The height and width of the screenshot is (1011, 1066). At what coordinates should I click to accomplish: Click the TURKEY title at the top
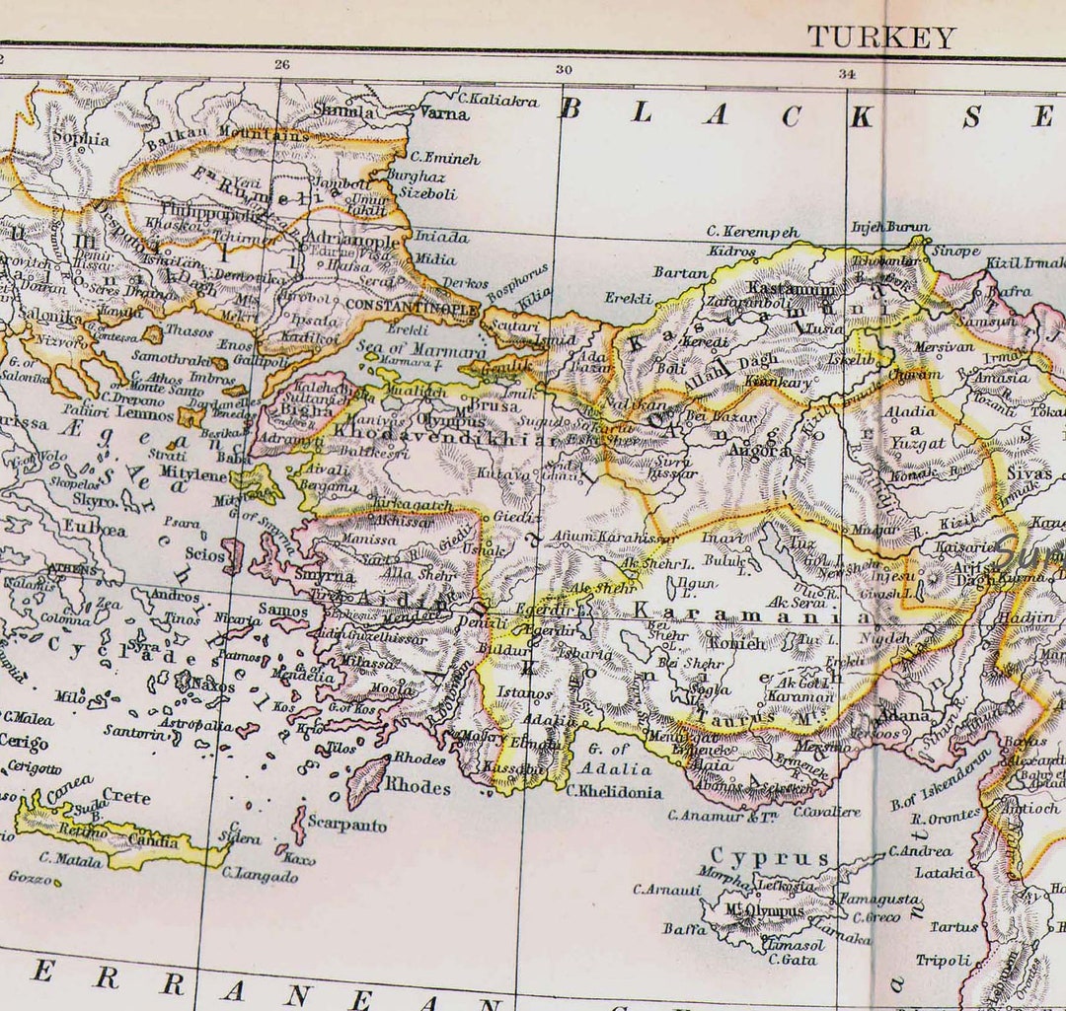(881, 37)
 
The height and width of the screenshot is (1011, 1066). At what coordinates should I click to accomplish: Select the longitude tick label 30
(564, 70)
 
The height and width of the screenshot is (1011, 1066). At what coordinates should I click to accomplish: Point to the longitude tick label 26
(282, 66)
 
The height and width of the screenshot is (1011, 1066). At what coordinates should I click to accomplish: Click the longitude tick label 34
(847, 73)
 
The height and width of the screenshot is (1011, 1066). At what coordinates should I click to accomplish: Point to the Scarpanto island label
(346, 825)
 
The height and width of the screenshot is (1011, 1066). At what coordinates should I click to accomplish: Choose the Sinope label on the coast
(956, 252)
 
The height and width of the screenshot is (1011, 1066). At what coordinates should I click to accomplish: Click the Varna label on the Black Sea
(444, 113)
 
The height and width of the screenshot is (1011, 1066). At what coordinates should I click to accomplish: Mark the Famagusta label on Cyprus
(878, 900)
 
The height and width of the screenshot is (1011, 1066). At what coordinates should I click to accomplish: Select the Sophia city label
(80, 139)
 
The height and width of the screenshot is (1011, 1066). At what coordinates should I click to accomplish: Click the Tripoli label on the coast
(943, 960)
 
